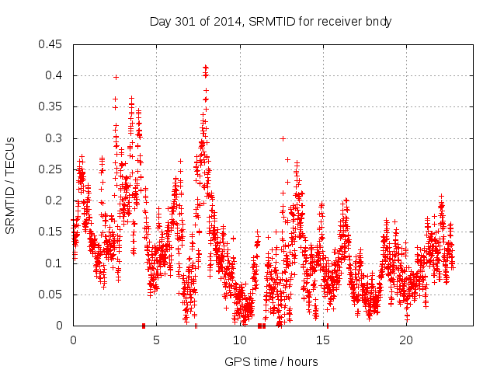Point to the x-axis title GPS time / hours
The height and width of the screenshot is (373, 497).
click(x=271, y=361)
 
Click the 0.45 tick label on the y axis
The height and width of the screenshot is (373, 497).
click(x=53, y=44)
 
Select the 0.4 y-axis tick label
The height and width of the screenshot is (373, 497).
click(x=56, y=75)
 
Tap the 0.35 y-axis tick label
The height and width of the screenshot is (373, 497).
click(x=53, y=106)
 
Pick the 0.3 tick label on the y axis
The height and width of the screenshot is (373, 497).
click(x=56, y=138)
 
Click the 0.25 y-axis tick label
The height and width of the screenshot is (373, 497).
click(x=53, y=169)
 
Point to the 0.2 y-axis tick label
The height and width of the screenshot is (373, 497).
click(x=56, y=200)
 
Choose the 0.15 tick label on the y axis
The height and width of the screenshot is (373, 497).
click(x=53, y=232)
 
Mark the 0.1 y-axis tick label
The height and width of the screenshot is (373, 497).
click(x=56, y=263)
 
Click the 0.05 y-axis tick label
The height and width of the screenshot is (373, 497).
click(x=53, y=295)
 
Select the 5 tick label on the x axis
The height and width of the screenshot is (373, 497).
click(x=157, y=340)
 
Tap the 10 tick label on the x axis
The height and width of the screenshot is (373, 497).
click(x=240, y=340)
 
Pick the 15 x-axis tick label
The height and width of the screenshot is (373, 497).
click(x=323, y=340)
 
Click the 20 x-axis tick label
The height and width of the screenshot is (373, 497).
click(x=406, y=340)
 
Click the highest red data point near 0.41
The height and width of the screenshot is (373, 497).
click(x=205, y=67)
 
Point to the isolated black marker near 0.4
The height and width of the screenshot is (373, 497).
click(x=116, y=77)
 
